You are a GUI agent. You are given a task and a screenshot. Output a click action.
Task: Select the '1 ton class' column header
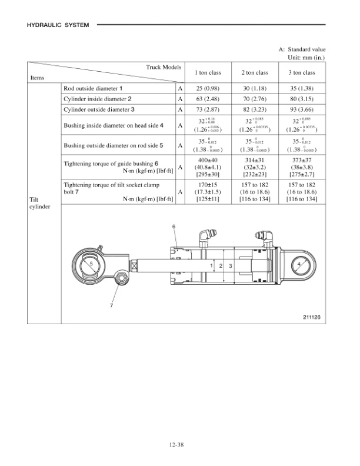(x=208, y=73)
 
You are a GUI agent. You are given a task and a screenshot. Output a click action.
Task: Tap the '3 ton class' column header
(x=302, y=73)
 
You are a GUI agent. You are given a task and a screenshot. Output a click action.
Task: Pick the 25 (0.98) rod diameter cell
(x=208, y=88)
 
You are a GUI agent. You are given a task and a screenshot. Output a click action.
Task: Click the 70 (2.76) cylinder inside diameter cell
(x=255, y=99)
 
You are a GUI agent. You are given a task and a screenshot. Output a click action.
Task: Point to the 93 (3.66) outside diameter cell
(x=302, y=109)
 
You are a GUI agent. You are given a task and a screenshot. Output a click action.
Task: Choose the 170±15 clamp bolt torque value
(x=208, y=185)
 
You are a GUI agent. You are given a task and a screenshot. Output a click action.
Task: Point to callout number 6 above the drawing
(x=174, y=227)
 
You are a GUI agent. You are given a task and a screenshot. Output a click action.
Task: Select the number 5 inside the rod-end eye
(x=91, y=265)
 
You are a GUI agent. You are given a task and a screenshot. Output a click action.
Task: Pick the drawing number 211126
(x=311, y=318)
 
